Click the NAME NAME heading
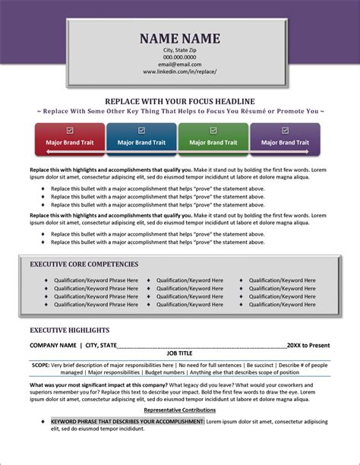[x=180, y=38]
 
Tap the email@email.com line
[x=180, y=64]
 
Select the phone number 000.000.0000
[x=180, y=57]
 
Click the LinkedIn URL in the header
[x=180, y=71]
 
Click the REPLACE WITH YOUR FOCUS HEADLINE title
[x=180, y=101]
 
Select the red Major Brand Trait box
[x=70, y=142]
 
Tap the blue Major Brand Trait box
[x=141, y=142]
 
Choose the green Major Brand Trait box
[x=213, y=142]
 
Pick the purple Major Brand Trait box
[x=285, y=142]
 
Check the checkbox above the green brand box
[x=213, y=130]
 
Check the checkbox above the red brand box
[x=70, y=130]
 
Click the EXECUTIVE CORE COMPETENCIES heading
[x=84, y=264]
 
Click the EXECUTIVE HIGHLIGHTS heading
[x=69, y=331]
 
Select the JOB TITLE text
[x=180, y=353]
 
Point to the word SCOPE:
[x=40, y=365]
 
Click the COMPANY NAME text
[x=53, y=345]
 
